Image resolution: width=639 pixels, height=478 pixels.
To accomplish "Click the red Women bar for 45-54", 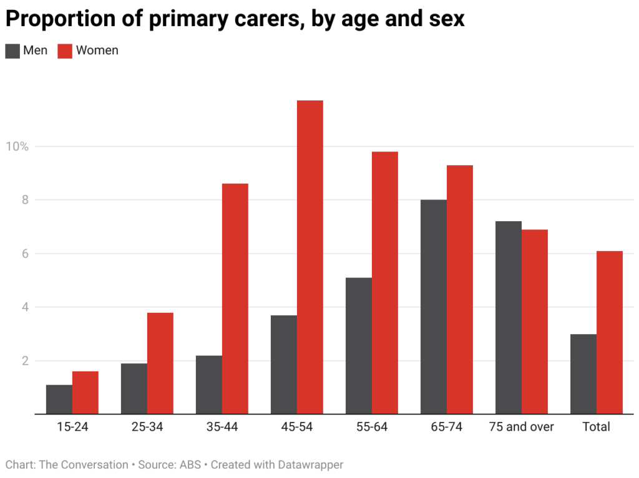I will pyautogui.click(x=310, y=257).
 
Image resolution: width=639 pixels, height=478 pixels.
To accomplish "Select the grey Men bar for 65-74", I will pyautogui.click(x=434, y=307).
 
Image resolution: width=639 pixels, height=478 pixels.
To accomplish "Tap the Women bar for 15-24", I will pyautogui.click(x=85, y=393).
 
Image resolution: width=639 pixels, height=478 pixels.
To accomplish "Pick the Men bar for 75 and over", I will pyautogui.click(x=509, y=317).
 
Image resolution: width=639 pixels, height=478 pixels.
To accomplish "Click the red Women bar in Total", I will pyautogui.click(x=610, y=332).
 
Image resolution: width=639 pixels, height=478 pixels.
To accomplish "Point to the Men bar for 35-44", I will pyautogui.click(x=209, y=385).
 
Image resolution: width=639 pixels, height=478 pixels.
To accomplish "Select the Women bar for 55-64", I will pyautogui.click(x=385, y=283).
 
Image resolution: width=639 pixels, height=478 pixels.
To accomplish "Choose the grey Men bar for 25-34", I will pyautogui.click(x=134, y=388).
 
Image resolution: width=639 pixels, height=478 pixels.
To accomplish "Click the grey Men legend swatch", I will pyautogui.click(x=12, y=51).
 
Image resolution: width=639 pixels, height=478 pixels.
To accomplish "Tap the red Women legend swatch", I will pyautogui.click(x=65, y=51).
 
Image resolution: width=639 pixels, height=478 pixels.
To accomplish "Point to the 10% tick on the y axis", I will pyautogui.click(x=17, y=146).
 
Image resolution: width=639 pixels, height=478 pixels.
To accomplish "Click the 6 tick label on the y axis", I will pyautogui.click(x=25, y=254).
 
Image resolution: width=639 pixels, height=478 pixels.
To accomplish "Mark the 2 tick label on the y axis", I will pyautogui.click(x=25, y=361).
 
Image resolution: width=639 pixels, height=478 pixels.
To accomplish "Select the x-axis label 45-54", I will pyautogui.click(x=296, y=428).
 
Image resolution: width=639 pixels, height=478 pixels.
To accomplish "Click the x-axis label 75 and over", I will pyautogui.click(x=521, y=428).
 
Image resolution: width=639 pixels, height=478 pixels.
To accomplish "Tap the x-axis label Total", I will pyautogui.click(x=596, y=428).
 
